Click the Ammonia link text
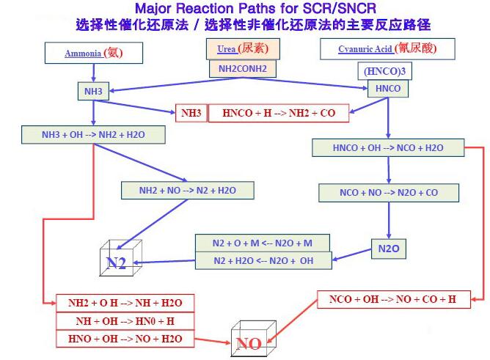[x=83, y=54]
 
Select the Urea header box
[x=243, y=48]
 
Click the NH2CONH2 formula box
[x=243, y=69]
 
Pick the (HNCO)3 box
[x=384, y=71]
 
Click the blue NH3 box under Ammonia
[x=93, y=91]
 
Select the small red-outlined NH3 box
[x=191, y=113]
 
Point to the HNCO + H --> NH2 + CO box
[x=279, y=113]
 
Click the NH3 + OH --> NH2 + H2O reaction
[x=93, y=135]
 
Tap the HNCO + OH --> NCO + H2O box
[x=388, y=147]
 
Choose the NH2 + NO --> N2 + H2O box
[x=188, y=191]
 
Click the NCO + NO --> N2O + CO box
[x=389, y=193]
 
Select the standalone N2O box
[x=389, y=249]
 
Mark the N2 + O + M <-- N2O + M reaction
[x=263, y=243]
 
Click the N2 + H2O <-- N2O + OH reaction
[x=263, y=260]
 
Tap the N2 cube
[x=120, y=258]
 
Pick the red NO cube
[x=254, y=339]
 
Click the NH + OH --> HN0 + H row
[x=125, y=321]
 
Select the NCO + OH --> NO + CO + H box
[x=394, y=299]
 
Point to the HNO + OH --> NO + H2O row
[x=125, y=339]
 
